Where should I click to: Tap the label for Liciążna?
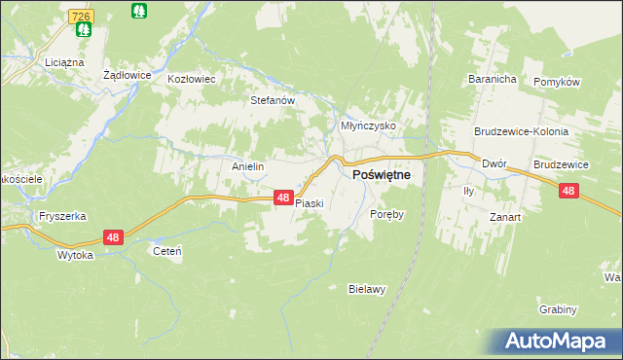[x=61, y=61]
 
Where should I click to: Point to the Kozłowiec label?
[x=191, y=79]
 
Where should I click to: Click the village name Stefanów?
[x=273, y=99]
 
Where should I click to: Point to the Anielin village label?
[x=248, y=166]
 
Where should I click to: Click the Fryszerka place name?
[x=62, y=216]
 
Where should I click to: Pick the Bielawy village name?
[x=368, y=289]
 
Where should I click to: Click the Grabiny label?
[x=558, y=309]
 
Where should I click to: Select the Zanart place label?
[x=505, y=217]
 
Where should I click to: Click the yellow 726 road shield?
[x=83, y=18]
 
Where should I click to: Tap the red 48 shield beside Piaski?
[x=282, y=198]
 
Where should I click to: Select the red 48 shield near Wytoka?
[x=113, y=237]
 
